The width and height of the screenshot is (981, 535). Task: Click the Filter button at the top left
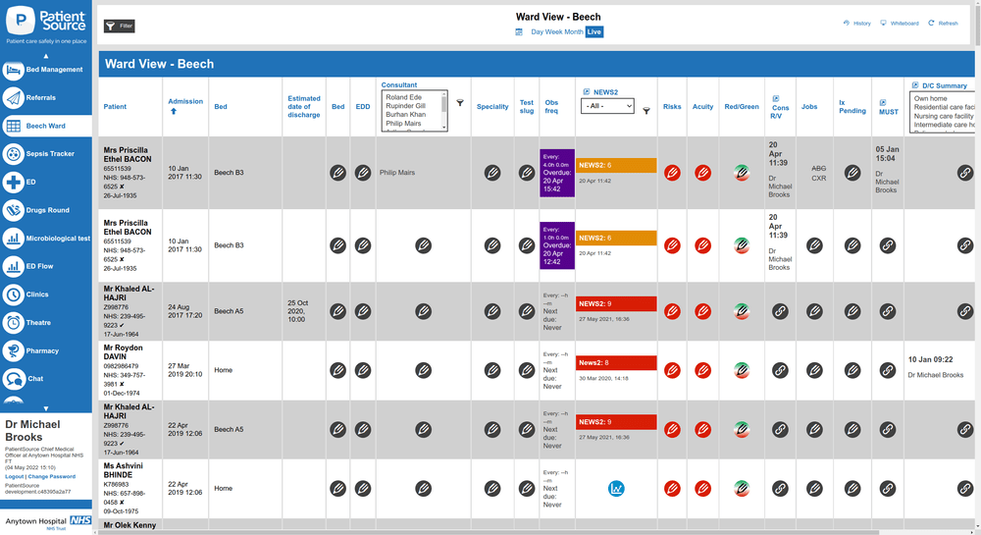[x=119, y=26]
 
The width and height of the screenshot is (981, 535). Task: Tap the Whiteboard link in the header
[x=900, y=24]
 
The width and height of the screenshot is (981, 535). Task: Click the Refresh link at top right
[x=943, y=24]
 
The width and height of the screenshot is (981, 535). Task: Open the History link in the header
[x=856, y=24]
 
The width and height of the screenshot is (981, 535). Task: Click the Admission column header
[x=185, y=101]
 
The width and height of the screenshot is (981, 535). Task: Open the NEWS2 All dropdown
[x=607, y=106]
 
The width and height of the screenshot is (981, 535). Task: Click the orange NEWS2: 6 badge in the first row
[x=616, y=165]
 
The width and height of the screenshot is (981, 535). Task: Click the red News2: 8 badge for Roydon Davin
[x=616, y=362]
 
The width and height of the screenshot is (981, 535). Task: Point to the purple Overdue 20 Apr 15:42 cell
[x=556, y=173]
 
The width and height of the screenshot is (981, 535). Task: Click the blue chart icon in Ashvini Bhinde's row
[x=616, y=488]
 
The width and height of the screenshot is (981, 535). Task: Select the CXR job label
[x=818, y=180]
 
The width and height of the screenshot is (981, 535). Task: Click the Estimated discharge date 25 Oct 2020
[x=304, y=310]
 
